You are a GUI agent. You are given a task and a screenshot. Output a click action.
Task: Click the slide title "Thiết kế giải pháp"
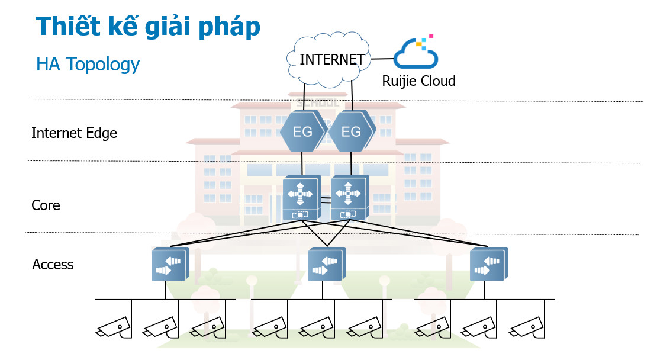coord(148,27)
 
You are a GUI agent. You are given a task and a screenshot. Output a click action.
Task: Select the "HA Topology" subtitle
coord(88,64)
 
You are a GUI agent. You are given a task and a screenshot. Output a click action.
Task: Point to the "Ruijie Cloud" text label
coord(418,81)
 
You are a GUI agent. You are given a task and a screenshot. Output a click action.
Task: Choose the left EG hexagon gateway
coord(302,131)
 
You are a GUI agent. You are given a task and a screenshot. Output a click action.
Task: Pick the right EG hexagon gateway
coord(352,131)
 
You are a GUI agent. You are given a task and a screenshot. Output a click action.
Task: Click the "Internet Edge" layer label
coord(74,133)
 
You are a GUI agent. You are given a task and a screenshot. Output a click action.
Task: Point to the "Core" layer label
coord(46,205)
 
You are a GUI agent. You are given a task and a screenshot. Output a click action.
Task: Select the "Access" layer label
coord(53,264)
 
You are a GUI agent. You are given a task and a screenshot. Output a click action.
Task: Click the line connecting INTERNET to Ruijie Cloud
coord(382,59)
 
